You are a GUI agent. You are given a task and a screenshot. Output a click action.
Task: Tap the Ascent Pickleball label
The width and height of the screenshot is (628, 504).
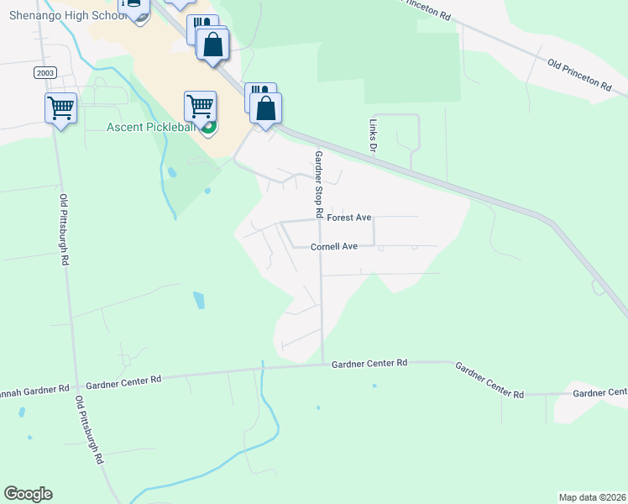150,128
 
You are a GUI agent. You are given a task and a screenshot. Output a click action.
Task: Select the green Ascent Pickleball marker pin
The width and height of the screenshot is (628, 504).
209,128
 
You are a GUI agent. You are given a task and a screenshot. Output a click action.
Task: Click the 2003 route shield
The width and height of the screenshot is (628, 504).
45,73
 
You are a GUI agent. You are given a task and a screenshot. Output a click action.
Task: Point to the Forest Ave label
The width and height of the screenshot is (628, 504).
349,218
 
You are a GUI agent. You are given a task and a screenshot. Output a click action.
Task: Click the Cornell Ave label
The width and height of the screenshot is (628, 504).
334,247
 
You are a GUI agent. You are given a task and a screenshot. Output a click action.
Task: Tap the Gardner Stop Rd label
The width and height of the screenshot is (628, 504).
318,185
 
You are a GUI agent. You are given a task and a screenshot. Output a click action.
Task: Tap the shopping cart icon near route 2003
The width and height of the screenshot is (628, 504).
61,108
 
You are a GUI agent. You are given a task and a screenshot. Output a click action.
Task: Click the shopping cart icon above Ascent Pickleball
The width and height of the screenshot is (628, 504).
200,106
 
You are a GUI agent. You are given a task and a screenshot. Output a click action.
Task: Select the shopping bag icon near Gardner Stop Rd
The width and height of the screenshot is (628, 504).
265,108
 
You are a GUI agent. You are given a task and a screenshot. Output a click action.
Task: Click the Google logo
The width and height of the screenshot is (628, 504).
29,494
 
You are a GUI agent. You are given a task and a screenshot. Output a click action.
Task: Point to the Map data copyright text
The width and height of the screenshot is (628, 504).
592,497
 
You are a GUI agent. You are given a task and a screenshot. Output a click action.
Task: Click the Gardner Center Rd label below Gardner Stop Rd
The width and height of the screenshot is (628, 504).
369,363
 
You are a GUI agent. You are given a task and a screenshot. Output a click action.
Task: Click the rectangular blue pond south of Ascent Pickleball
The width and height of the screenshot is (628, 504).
198,300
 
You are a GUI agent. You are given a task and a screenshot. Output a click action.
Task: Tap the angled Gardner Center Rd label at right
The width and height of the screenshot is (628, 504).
489,380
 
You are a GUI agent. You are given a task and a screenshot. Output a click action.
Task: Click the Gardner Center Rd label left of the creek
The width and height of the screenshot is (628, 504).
123,381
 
